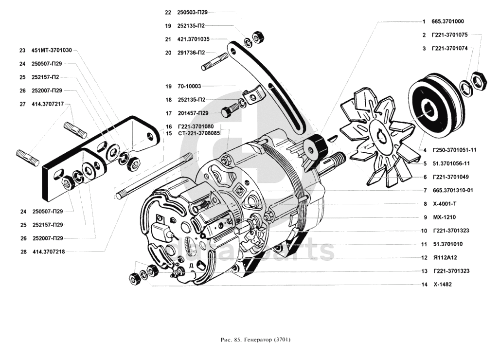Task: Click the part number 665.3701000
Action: pyautogui.click(x=447, y=22)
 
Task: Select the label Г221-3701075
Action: pyautogui.click(x=449, y=35)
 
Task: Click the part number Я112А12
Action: pyautogui.click(x=445, y=257)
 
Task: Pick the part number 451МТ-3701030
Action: pyautogui.click(x=52, y=50)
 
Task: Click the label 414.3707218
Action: pyautogui.click(x=49, y=252)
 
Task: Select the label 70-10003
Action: pyautogui.click(x=189, y=86)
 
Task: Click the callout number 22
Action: pyautogui.click(x=168, y=12)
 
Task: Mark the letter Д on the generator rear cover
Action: pyautogui.click(x=192, y=265)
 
